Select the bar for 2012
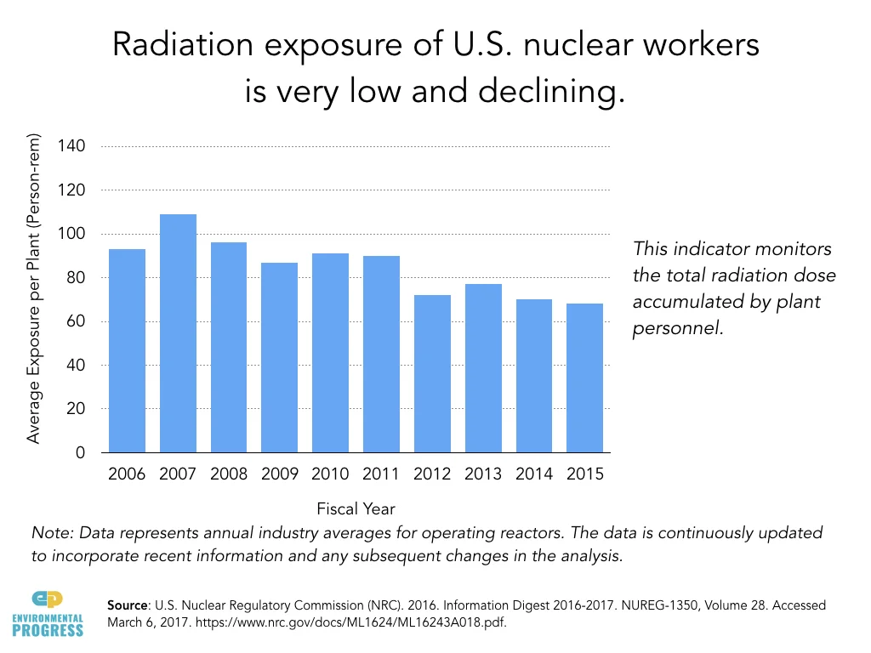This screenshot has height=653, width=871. pyautogui.click(x=432, y=373)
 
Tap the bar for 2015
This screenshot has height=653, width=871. pyautogui.click(x=585, y=378)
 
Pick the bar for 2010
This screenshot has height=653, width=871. pyautogui.click(x=331, y=353)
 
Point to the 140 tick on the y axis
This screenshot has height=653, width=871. pyautogui.click(x=71, y=146)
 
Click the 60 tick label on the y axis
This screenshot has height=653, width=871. pyautogui.click(x=76, y=321)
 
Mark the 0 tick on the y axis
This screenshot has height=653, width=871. pyautogui.click(x=80, y=453)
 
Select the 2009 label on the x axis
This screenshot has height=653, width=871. pyautogui.click(x=280, y=474)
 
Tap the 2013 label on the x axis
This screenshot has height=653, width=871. pyautogui.click(x=483, y=474)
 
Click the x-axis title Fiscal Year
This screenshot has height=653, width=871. pyautogui.click(x=356, y=509)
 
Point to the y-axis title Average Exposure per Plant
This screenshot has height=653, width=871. pyautogui.click(x=34, y=289)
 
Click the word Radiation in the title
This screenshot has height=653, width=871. pyautogui.click(x=170, y=47)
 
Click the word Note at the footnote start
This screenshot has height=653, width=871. pyautogui.click(x=48, y=533)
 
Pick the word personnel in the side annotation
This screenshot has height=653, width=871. pyautogui.click(x=678, y=329)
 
